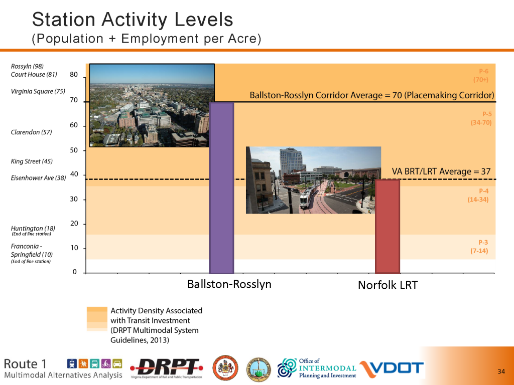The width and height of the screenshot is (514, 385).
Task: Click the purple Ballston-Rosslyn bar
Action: tap(221, 187)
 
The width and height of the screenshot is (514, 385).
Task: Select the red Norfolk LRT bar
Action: tap(388, 226)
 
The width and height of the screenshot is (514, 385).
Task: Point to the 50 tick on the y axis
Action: tap(74, 150)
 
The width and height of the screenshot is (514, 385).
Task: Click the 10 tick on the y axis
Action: tap(74, 248)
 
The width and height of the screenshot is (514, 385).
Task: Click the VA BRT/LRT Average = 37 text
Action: tap(441, 171)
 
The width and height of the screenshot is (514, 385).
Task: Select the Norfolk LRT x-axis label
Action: tap(388, 286)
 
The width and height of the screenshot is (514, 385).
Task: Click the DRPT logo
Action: tap(167, 367)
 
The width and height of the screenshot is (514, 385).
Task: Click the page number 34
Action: tap(501, 371)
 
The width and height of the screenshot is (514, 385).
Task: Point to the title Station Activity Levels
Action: tap(133, 20)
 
